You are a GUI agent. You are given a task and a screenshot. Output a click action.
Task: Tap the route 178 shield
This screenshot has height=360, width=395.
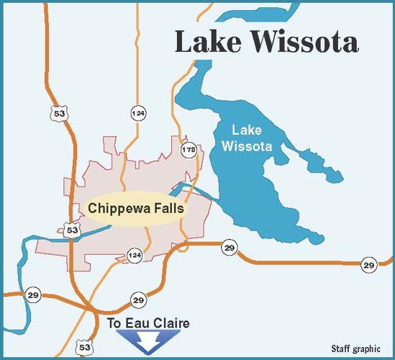tap(189, 150)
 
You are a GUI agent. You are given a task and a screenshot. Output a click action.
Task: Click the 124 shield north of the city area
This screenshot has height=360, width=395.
tap(137, 114)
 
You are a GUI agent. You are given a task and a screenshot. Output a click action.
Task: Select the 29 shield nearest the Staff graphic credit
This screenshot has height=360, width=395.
tap(368, 265)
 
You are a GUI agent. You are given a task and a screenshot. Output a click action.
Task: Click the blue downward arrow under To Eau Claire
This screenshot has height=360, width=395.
tap(148, 340)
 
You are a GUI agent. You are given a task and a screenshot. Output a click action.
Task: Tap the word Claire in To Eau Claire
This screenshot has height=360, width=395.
tap(173, 324)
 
